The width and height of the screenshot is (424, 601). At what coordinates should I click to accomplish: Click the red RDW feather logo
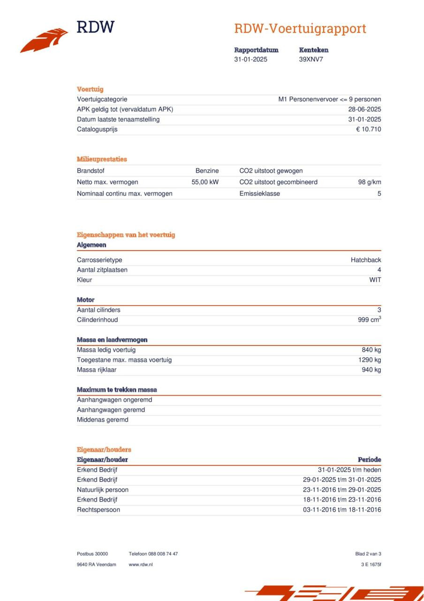44,40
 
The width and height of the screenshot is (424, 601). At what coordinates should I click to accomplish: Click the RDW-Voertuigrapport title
300,29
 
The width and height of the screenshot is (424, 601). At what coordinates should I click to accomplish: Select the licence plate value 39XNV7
311,60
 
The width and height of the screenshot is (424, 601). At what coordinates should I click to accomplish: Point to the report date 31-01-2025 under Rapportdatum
250,60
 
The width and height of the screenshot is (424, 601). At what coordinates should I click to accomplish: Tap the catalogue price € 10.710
368,130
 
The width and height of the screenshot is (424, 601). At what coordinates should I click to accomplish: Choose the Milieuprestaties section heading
102,159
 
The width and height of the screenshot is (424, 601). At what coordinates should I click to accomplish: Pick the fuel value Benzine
207,171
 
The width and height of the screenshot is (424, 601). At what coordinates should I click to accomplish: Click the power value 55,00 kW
205,182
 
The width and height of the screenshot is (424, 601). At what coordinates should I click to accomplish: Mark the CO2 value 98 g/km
370,182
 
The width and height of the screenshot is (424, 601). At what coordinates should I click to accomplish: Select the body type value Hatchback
366,260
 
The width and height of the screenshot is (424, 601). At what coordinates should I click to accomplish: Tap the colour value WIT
375,280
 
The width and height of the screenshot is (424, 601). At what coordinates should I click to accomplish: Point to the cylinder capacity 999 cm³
369,320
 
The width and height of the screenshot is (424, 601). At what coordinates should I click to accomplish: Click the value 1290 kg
370,360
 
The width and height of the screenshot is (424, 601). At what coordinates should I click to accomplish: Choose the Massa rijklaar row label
97,370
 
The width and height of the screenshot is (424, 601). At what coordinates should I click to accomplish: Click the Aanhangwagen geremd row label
111,410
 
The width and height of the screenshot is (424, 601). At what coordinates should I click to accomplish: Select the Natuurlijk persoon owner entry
103,490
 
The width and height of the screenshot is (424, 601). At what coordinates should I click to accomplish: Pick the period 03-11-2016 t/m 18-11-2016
342,510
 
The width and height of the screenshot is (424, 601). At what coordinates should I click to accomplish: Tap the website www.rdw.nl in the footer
141,564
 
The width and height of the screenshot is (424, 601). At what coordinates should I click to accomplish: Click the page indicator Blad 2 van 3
368,554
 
